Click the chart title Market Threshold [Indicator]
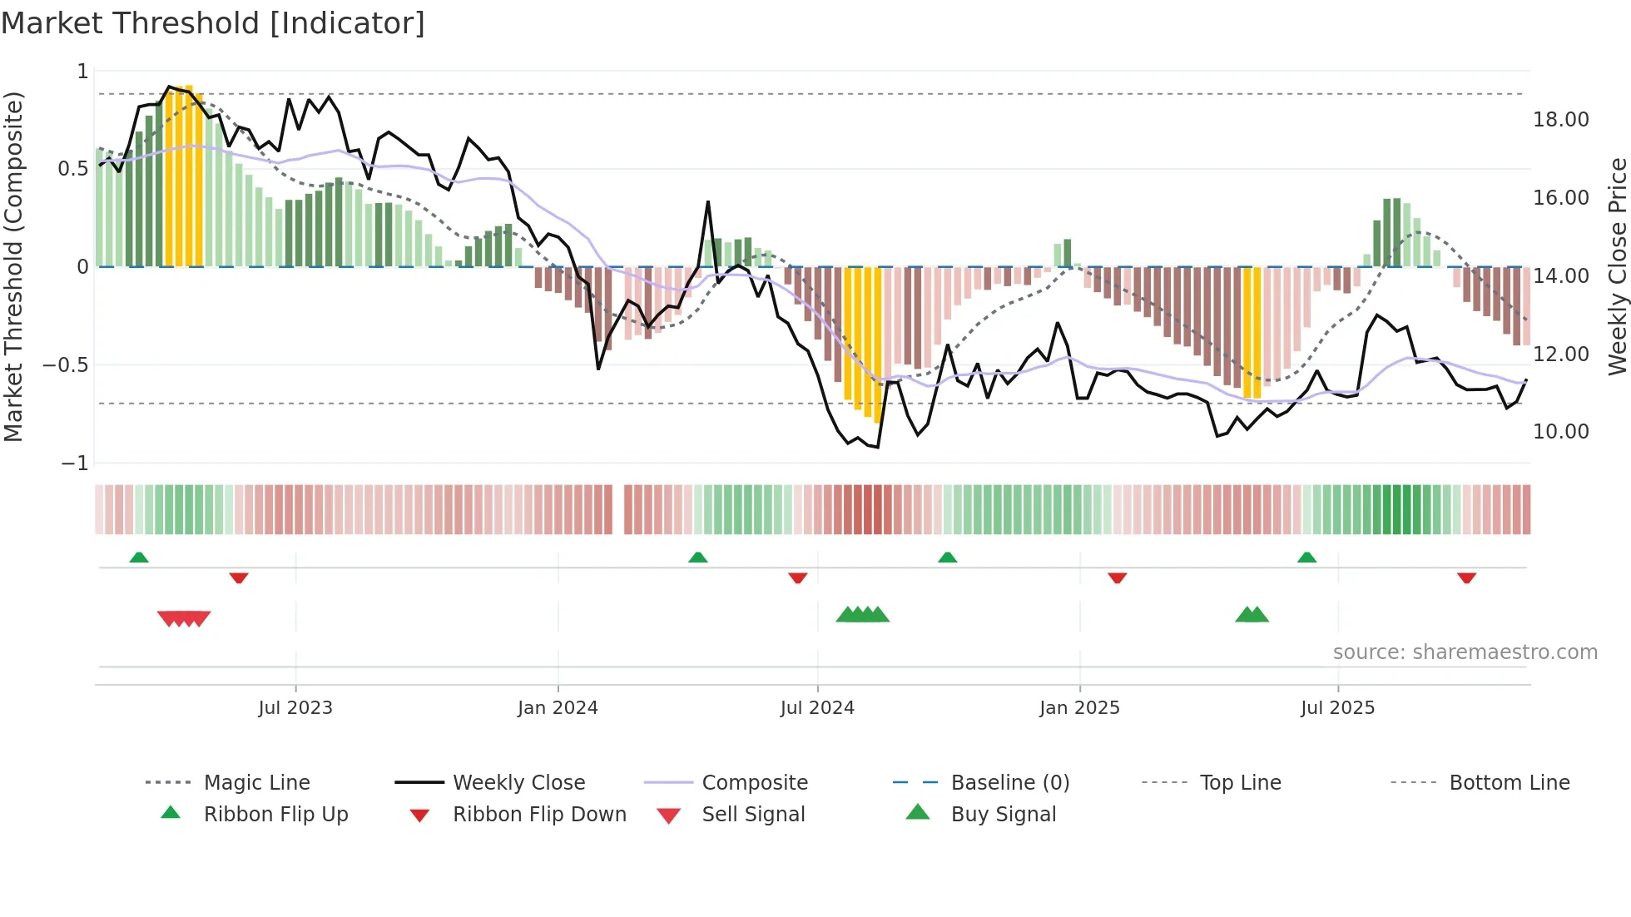pyautogui.click(x=213, y=23)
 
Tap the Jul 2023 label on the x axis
pyautogui.click(x=295, y=708)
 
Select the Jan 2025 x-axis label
pyautogui.click(x=1079, y=708)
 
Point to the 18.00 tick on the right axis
pyautogui.click(x=1560, y=120)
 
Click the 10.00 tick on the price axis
pyautogui.click(x=1560, y=432)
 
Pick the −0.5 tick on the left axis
pyautogui.click(x=66, y=365)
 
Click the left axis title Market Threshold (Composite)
pyautogui.click(x=13, y=266)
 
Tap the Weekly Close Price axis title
pyautogui.click(x=1617, y=266)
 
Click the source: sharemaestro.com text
pyautogui.click(x=1465, y=652)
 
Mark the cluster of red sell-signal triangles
pyautogui.click(x=184, y=618)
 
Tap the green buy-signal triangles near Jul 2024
pyautogui.click(x=863, y=615)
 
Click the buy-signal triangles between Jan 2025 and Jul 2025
pyautogui.click(x=1252, y=615)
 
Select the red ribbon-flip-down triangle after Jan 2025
pyautogui.click(x=1117, y=577)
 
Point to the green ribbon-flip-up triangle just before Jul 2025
pyautogui.click(x=1306, y=558)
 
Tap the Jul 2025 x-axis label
pyautogui.click(x=1337, y=708)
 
